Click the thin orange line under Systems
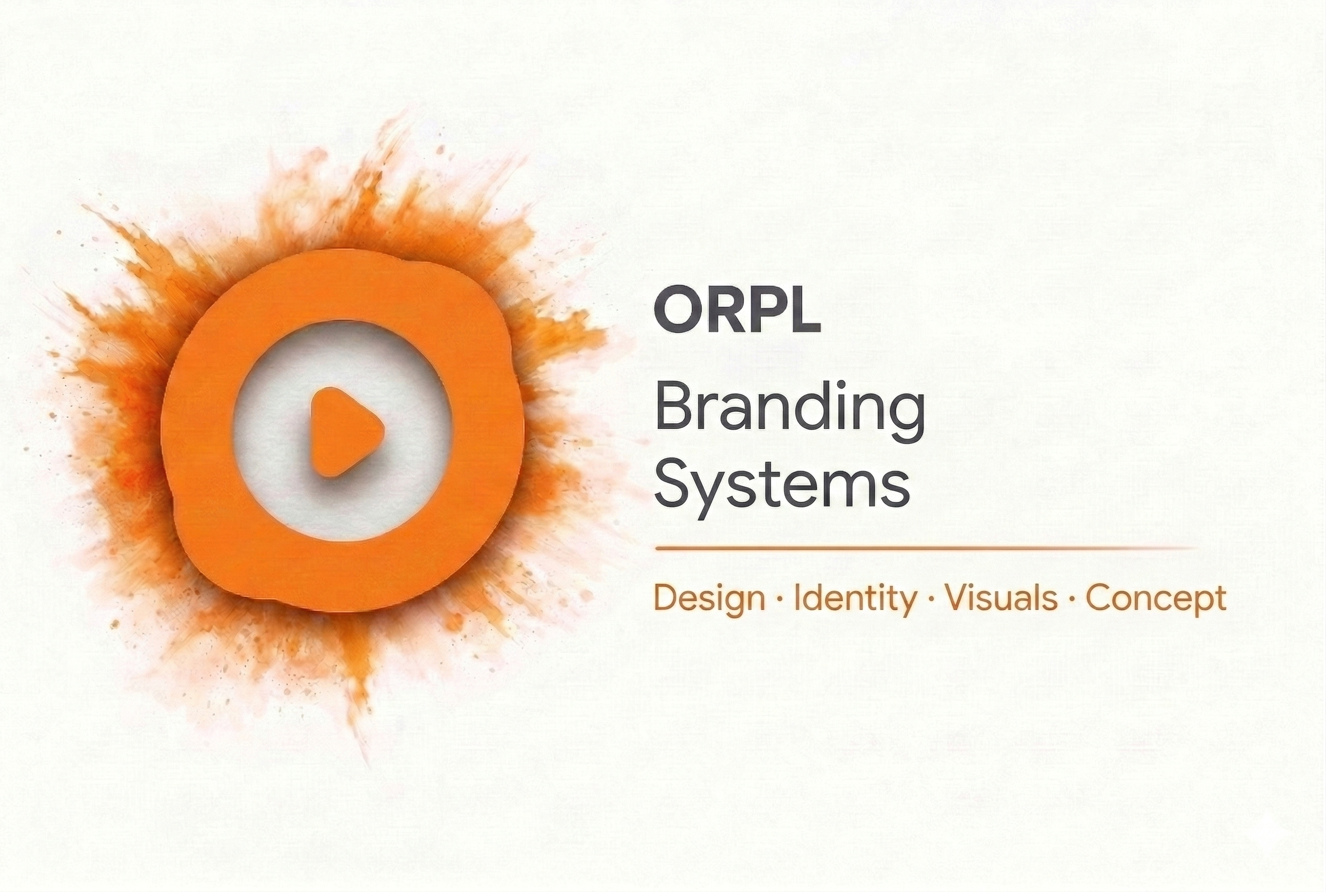click(x=925, y=549)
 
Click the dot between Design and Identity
click(x=780, y=599)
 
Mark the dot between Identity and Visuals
click(x=930, y=599)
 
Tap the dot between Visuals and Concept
click(x=1072, y=599)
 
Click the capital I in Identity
click(x=798, y=598)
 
